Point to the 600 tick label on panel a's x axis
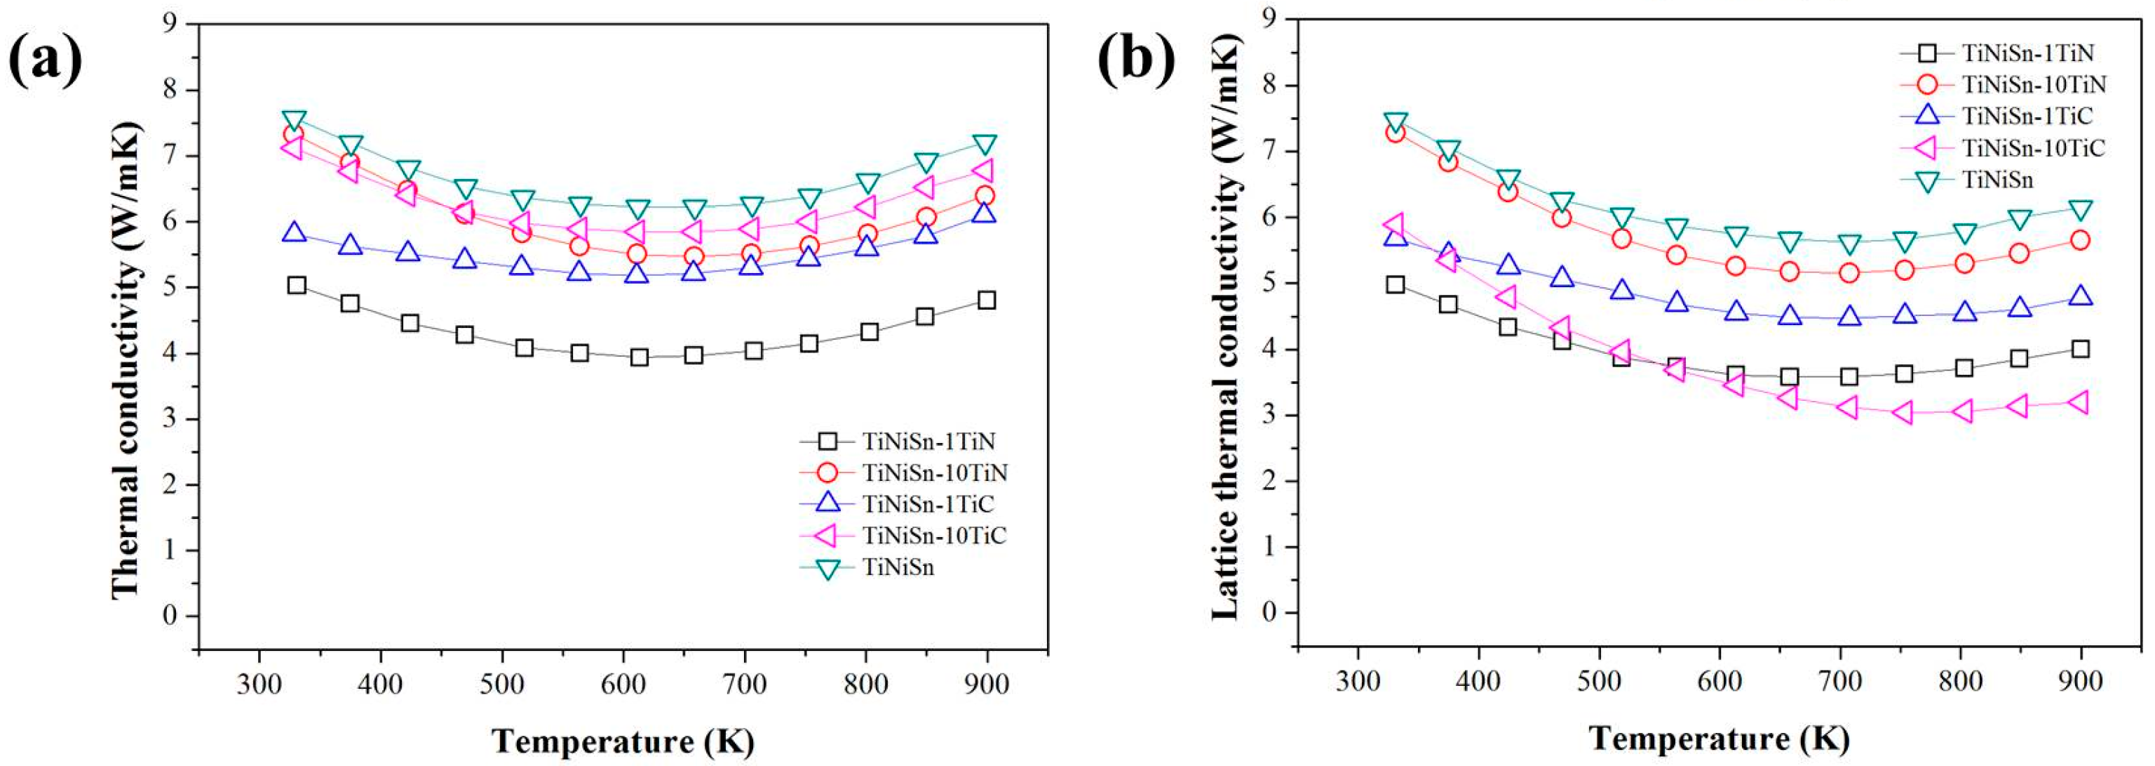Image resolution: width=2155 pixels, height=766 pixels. click(x=623, y=684)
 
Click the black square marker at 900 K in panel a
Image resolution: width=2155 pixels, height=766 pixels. click(x=986, y=300)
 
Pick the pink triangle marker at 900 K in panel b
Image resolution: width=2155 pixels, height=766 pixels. click(x=2079, y=402)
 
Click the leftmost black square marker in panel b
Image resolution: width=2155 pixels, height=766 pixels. click(x=1395, y=284)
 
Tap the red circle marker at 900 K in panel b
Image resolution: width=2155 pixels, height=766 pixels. click(x=2080, y=240)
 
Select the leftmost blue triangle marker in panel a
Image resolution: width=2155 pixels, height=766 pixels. click(x=294, y=232)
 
